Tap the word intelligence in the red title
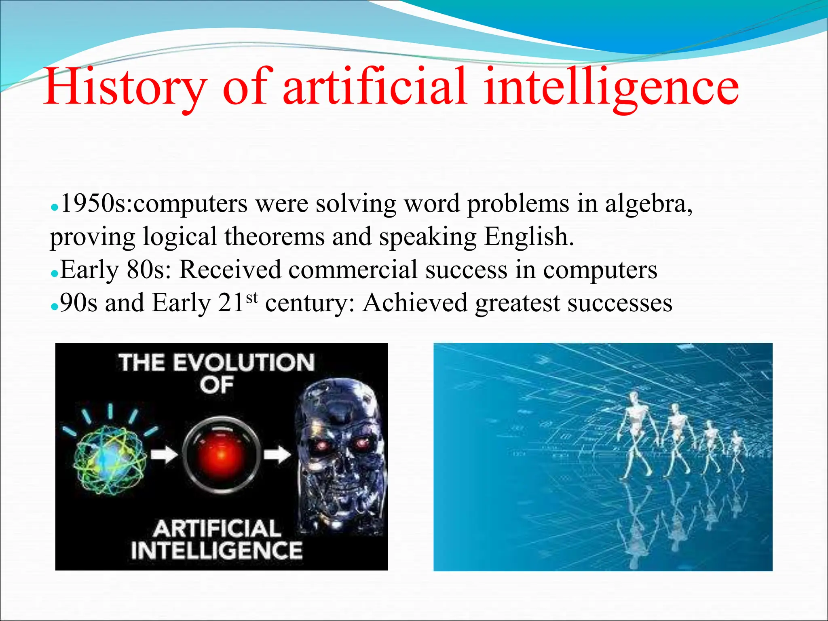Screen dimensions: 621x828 click(x=610, y=87)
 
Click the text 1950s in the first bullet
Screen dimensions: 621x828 click(x=95, y=203)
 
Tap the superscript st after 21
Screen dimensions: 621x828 click(x=251, y=298)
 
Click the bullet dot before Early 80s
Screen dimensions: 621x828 click(x=55, y=273)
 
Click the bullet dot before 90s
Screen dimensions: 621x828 click(x=55, y=306)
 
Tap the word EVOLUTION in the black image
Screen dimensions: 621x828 click(x=244, y=363)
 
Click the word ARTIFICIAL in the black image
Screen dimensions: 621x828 click(x=217, y=529)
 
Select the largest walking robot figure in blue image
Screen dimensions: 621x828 click(x=636, y=433)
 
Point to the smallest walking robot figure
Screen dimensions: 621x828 click(x=737, y=451)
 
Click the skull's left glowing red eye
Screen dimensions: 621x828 click(x=321, y=445)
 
